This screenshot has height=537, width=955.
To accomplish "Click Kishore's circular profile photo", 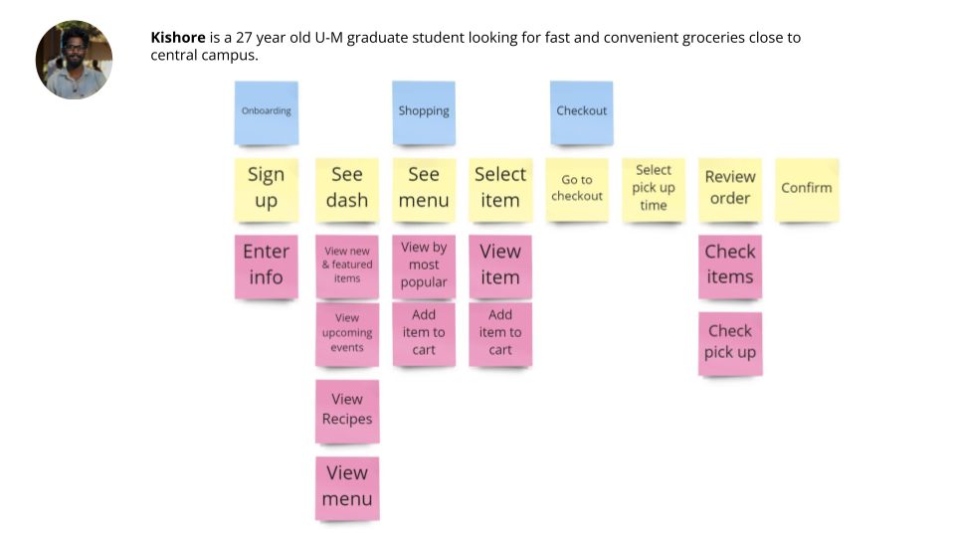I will click(x=74, y=61).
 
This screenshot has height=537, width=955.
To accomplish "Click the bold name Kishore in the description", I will click(x=178, y=38).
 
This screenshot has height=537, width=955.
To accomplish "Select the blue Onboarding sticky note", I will click(x=266, y=112).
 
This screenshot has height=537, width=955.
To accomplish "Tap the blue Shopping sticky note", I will click(x=424, y=112).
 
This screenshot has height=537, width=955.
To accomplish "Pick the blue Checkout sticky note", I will click(x=582, y=112).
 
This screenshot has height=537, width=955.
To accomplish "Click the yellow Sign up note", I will click(x=266, y=188).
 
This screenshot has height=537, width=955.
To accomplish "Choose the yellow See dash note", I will click(x=347, y=188).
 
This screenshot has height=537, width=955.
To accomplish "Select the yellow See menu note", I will click(x=424, y=188).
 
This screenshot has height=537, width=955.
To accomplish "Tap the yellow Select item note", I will click(x=500, y=188).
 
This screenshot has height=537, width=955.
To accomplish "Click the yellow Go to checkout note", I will click(x=577, y=188).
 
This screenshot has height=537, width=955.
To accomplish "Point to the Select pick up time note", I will click(x=654, y=188).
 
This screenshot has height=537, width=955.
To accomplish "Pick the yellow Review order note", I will click(x=730, y=188).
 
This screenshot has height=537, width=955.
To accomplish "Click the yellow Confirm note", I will click(x=807, y=188).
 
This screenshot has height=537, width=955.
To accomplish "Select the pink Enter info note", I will click(x=266, y=266).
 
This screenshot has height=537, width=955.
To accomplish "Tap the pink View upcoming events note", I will click(x=347, y=333).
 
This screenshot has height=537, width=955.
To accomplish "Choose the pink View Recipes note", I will click(x=347, y=410).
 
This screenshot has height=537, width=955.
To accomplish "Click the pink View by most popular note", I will click(x=424, y=266).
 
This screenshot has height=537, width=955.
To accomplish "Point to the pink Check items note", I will click(x=730, y=266).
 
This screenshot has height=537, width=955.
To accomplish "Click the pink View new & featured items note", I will click(x=347, y=266).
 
